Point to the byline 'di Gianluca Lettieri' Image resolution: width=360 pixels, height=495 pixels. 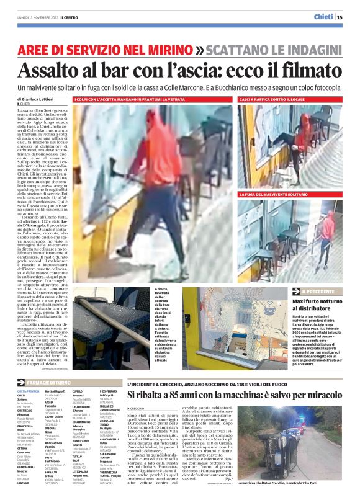(x=40, y=99)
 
